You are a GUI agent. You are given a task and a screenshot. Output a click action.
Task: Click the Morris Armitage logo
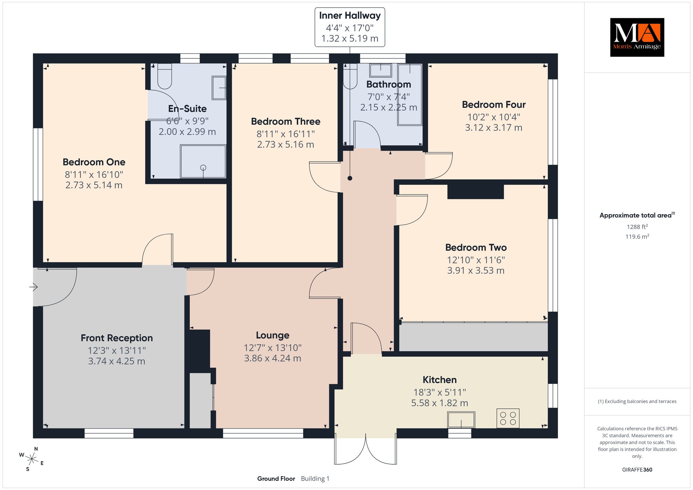click(x=637, y=37)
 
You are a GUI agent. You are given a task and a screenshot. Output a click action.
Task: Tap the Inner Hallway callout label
click(x=350, y=27)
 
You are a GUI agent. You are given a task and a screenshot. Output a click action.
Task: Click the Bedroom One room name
click(x=94, y=162)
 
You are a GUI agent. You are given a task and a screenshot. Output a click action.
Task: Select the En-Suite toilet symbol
click(x=165, y=76)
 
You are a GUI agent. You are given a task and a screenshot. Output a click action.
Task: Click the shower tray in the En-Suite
click(x=203, y=161)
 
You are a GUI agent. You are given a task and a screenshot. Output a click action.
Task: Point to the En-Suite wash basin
click(x=219, y=88)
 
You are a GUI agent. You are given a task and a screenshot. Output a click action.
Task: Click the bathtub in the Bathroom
click(x=410, y=94)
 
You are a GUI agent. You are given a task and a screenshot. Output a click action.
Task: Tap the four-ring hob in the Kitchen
click(x=508, y=418)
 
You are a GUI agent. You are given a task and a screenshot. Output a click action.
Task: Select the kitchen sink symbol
click(x=461, y=420)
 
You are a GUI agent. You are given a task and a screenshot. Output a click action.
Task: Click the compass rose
click(x=31, y=459)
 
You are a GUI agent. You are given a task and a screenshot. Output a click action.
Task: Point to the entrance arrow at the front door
click(x=33, y=287)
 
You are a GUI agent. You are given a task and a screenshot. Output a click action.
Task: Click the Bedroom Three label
click(x=286, y=121)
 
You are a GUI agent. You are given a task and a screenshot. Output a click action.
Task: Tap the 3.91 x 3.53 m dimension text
click(x=476, y=271)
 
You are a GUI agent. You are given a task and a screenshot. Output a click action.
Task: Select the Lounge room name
click(x=273, y=335)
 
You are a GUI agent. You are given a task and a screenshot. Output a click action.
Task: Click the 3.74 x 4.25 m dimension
click(x=117, y=361)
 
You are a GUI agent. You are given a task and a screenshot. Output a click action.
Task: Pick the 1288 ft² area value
click(x=637, y=227)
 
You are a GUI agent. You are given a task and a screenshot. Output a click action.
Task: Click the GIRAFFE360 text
click(x=637, y=470)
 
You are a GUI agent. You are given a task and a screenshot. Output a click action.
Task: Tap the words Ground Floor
click(x=276, y=478)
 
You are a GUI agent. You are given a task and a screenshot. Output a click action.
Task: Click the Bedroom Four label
click(x=494, y=105)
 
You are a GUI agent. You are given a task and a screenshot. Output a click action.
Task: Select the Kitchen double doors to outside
click(x=366, y=449)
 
